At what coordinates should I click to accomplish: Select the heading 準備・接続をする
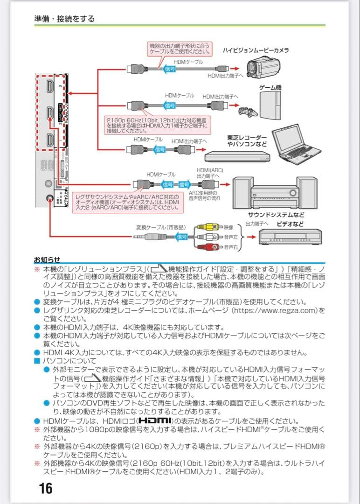click(64, 19)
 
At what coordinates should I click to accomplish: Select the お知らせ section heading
click(47, 259)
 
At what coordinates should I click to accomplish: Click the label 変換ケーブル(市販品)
click(161, 227)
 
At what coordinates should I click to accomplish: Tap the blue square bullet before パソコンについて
click(37, 361)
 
